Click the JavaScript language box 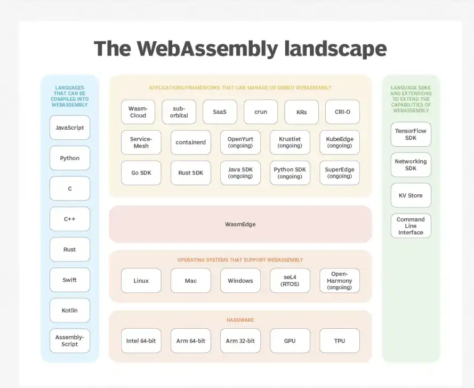[x=70, y=128]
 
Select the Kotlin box [x=70, y=310]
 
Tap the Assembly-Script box [x=70, y=341]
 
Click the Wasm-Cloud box [x=138, y=112]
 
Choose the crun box [x=261, y=112]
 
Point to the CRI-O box [x=342, y=112]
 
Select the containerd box [x=191, y=142]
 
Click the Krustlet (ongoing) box [x=290, y=142]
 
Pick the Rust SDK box [x=191, y=173]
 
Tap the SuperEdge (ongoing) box [x=340, y=173]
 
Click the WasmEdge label [x=240, y=224]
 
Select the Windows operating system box [x=240, y=281]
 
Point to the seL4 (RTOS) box [x=290, y=281]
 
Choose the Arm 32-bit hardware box [x=240, y=341]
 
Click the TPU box [x=340, y=341]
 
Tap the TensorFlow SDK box [x=411, y=134]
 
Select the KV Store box [x=411, y=195]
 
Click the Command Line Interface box [x=411, y=226]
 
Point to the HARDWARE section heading [x=240, y=320]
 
